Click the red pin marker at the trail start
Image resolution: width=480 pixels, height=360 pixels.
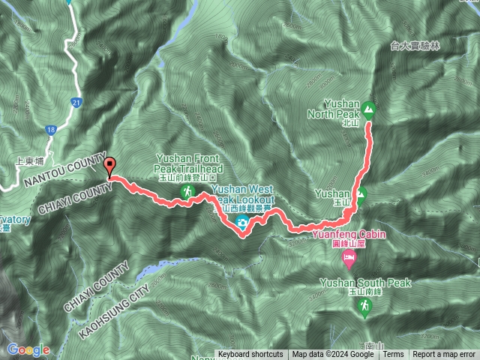[111, 167]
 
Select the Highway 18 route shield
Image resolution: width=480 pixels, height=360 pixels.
[51, 130]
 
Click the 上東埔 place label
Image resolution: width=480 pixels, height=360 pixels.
[29, 160]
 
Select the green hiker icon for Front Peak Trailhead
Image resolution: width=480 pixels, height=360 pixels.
[187, 193]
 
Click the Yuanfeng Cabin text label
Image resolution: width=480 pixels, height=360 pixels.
[348, 238]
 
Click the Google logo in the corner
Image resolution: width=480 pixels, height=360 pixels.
[28, 349]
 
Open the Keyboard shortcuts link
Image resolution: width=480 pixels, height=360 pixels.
[250, 355]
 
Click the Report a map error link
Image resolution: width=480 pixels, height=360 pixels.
[444, 355]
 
